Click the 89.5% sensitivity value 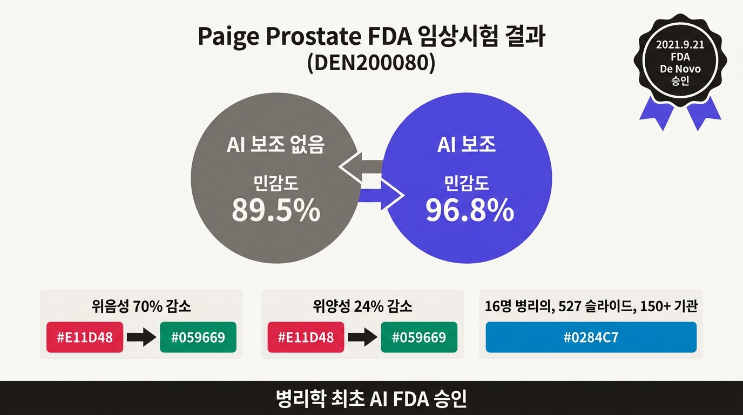(276, 211)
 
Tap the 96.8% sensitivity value (469, 211)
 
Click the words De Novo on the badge (680, 69)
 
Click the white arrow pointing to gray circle (360, 168)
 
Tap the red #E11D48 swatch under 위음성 (84, 337)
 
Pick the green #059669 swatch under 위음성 (198, 337)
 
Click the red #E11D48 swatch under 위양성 (306, 337)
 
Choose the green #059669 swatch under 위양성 (419, 337)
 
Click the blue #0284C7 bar (591, 338)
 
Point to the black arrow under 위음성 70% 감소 (141, 338)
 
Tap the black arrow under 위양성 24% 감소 (362, 338)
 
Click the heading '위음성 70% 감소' (141, 307)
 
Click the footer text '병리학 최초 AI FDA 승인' (371, 399)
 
